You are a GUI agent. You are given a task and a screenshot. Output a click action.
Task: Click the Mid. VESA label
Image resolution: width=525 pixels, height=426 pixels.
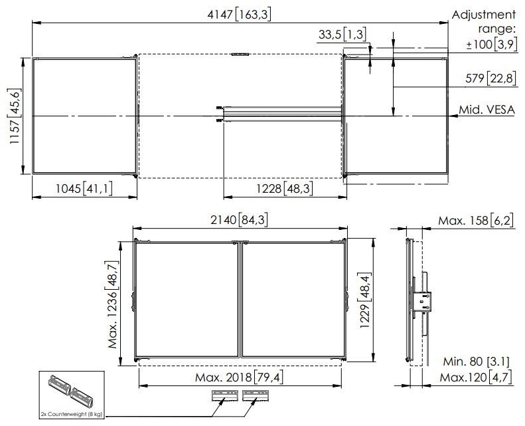487,110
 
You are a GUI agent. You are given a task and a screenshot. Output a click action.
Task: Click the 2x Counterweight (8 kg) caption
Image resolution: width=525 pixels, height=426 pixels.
71,413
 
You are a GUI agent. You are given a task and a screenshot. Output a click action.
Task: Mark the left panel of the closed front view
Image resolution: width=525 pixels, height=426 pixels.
187,299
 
